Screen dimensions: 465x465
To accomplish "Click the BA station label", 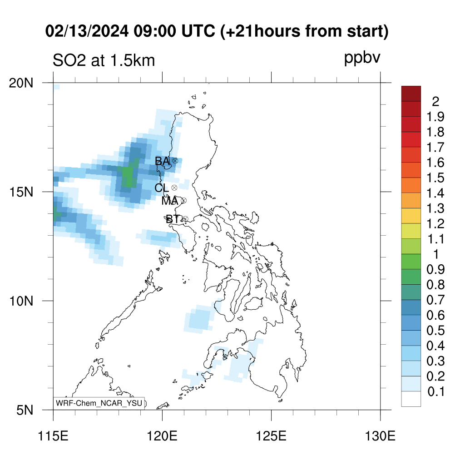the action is point(162,161).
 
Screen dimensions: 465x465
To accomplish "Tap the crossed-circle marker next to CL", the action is point(174,188).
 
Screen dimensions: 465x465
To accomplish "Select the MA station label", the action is point(170,201).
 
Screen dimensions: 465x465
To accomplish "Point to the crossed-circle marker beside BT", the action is point(185,219).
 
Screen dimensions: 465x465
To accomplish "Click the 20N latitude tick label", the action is point(21,84).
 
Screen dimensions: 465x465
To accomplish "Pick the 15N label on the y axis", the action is point(21,193).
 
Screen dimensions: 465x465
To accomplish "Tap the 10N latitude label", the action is point(21,302).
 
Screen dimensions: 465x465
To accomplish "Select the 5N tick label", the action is point(25,411).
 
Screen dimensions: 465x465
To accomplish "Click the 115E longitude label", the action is point(54,436).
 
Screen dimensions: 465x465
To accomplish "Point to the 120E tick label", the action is point(162,436).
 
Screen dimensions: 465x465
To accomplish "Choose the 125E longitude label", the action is point(272,436).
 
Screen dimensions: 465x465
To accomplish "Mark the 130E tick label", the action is point(380,436).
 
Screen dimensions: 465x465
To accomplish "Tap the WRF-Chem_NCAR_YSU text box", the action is point(99,403).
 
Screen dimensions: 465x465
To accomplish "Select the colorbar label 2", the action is point(435,102).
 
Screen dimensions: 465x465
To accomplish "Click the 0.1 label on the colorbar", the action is point(436,392).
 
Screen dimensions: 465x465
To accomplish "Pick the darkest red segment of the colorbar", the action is point(411,94).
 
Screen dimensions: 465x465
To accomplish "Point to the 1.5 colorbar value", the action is point(435,178).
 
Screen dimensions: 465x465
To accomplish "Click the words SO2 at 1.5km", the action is point(104,60).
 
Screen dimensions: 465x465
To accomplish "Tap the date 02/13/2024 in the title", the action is point(87,31).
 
